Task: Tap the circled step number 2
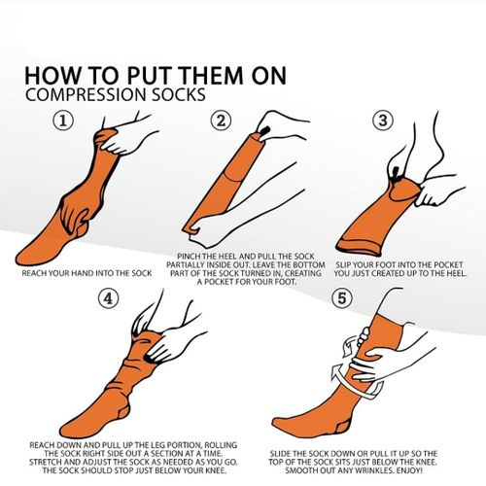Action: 223,121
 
